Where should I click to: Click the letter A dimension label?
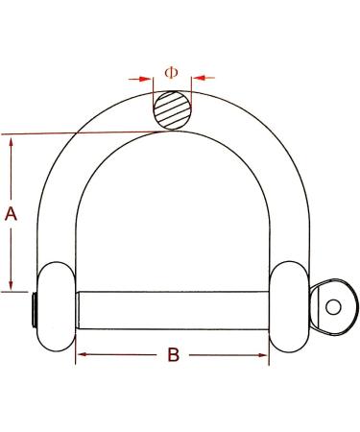[11, 214]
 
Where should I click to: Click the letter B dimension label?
[174, 355]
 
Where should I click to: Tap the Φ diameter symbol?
[171, 73]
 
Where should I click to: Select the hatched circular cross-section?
[173, 110]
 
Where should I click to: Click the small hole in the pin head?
[333, 307]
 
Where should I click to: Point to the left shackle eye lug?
[57, 306]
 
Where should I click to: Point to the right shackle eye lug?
[290, 306]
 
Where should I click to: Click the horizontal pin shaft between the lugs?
[173, 310]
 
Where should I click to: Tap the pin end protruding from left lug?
[35, 309]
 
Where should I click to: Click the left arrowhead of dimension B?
[83, 354]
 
